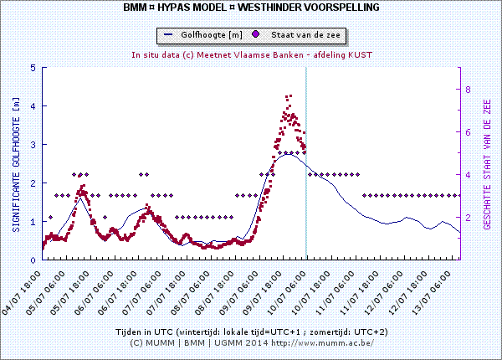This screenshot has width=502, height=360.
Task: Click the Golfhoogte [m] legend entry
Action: click(x=204, y=35)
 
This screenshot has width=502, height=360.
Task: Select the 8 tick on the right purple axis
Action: click(x=469, y=90)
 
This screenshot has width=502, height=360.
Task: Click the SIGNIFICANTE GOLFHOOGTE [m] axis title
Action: click(x=15, y=163)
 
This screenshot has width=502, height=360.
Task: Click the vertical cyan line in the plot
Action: click(x=305, y=167)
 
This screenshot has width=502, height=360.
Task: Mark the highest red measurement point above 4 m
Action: click(x=289, y=96)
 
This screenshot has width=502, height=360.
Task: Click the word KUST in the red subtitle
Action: click(x=359, y=54)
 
